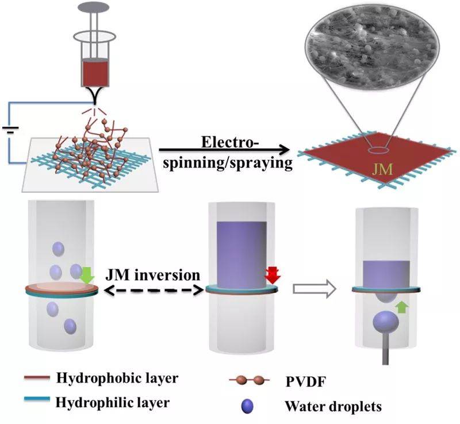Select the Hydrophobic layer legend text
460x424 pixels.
[117, 378]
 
